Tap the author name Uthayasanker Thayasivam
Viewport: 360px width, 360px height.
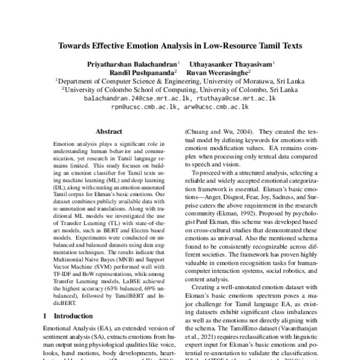pyautogui.click(x=232, y=63)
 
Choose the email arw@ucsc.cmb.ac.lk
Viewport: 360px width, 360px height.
pyautogui.click(x=220, y=106)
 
